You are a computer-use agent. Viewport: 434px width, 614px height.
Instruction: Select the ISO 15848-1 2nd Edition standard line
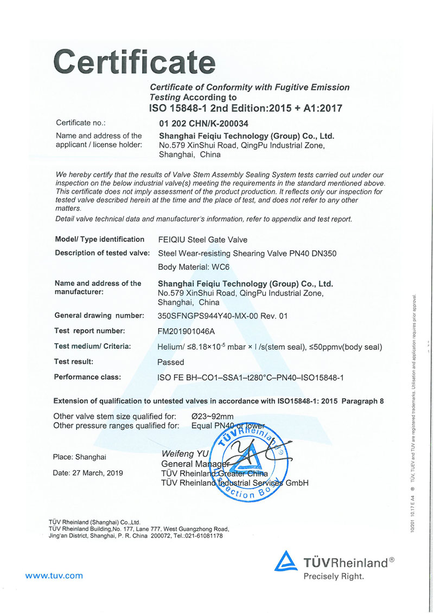point(245,108)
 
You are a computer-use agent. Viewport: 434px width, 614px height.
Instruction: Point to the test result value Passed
point(170,362)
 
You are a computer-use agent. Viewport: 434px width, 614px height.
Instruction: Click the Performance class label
point(88,376)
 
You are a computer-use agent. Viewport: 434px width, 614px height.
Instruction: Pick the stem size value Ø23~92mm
point(213,417)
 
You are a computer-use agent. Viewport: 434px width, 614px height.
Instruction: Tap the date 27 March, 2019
point(88,472)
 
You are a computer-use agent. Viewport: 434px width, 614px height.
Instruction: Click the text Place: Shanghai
point(79,457)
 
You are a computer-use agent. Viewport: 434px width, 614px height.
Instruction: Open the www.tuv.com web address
point(54,575)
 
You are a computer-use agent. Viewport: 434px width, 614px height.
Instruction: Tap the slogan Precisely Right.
point(334,577)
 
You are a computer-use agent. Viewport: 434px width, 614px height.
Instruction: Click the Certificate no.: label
point(81,123)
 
